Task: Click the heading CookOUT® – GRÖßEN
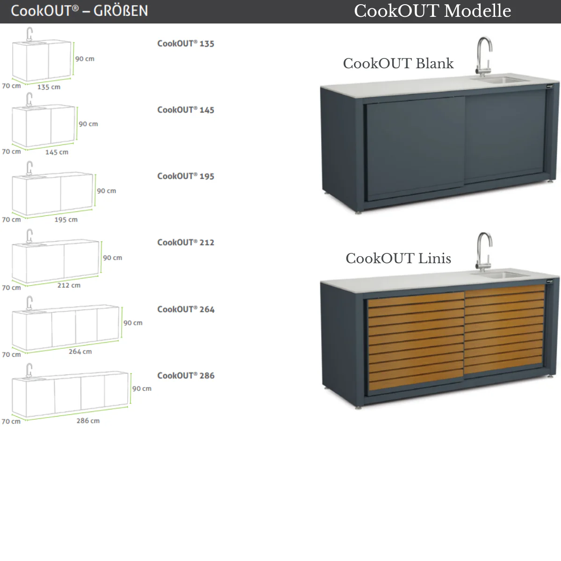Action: coord(79,11)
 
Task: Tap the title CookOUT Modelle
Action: coord(432,11)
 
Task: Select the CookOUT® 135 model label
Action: coord(186,43)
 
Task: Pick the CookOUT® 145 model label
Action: coord(186,110)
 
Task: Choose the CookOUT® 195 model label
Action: coord(186,176)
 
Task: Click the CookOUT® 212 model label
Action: coord(186,243)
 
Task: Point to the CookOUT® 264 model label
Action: coord(186,309)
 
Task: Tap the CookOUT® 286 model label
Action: coord(186,376)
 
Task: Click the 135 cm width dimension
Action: coord(49,87)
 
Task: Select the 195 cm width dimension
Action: coord(66,220)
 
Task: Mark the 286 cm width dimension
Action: coord(88,421)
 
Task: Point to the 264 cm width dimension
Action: coord(80,352)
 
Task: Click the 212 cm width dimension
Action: coord(69,285)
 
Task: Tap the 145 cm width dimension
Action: coord(57,152)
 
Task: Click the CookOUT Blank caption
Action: coord(398,64)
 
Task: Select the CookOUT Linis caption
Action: coord(398,259)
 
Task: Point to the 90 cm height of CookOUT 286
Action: coord(142,388)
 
